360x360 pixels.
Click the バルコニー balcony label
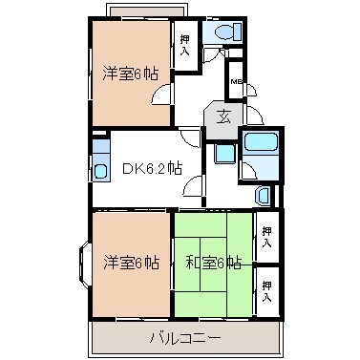185,338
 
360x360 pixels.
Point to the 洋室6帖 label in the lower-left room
132,263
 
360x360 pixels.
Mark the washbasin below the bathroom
262,195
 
